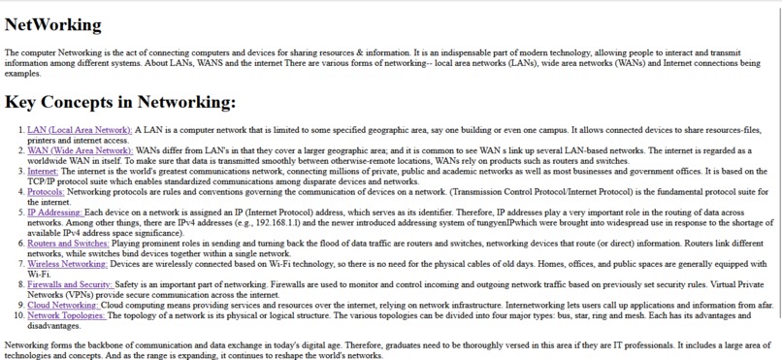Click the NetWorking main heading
[52, 24]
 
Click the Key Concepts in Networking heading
[120, 101]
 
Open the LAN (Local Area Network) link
[80, 129]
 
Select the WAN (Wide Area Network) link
[80, 150]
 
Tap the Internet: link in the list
[43, 171]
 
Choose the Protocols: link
[46, 192]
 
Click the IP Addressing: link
[55, 212]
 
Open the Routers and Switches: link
[68, 243]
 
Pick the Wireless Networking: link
[67, 264]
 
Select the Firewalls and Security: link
[70, 284]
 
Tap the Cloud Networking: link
[63, 305]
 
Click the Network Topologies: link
[66, 315]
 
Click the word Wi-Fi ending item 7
[38, 275]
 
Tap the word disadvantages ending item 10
[53, 326]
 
